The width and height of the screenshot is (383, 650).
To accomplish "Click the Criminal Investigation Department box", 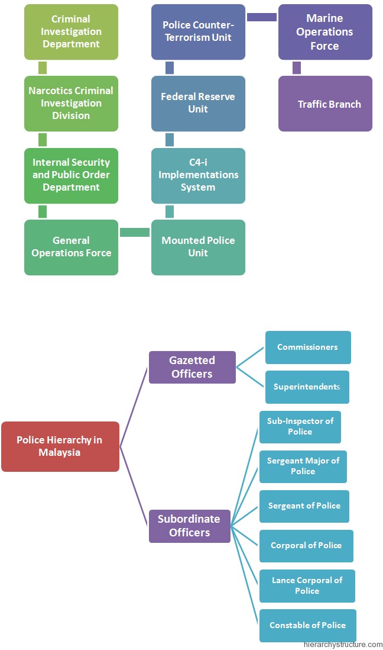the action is [x=71, y=32].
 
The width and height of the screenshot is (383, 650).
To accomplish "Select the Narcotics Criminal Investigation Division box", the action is [x=71, y=104].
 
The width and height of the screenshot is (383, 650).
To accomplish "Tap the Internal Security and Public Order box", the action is [x=71, y=176].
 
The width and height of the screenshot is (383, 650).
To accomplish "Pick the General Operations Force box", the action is [x=71, y=247].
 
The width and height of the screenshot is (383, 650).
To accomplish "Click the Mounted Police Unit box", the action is [x=199, y=247].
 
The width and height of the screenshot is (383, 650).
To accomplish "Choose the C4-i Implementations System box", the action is [x=199, y=176].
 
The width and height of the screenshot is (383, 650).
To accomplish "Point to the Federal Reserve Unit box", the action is [x=199, y=104].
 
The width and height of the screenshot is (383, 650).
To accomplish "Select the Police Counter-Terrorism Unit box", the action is [x=199, y=32].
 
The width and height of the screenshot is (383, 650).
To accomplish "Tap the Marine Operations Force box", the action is [x=326, y=32].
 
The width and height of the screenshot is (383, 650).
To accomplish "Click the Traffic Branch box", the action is [x=326, y=104].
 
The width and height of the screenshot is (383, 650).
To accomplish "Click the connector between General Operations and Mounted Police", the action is [x=135, y=232].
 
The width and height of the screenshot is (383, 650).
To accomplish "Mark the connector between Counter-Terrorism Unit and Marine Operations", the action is [x=262, y=17].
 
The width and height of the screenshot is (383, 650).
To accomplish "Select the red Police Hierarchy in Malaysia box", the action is [x=60, y=446].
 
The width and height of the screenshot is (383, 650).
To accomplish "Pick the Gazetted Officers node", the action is [x=192, y=367].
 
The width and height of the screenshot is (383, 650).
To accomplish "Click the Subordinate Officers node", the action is [x=190, y=526].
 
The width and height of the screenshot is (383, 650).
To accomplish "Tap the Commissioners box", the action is [x=308, y=347].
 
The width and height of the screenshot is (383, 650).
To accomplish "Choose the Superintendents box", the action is [x=307, y=387].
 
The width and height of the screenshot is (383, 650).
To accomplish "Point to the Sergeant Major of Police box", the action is [x=303, y=466].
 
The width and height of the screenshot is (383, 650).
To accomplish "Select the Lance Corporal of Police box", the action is [x=307, y=586].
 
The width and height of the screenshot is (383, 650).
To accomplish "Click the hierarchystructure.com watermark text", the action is [x=343, y=645].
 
